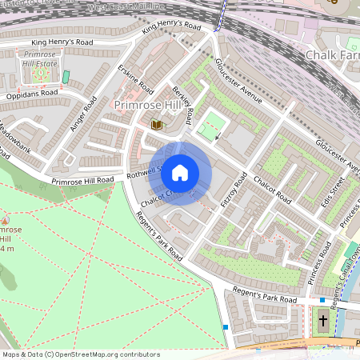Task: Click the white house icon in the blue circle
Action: point(180,173)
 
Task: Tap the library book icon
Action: point(157,125)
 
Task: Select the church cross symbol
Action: point(322,321)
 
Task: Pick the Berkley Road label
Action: point(182,104)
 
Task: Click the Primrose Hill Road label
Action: point(84,181)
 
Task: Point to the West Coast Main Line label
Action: point(142,6)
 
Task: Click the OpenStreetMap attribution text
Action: point(80,354)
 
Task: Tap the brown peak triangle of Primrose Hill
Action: point(6,219)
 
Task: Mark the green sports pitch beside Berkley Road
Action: point(211,126)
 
